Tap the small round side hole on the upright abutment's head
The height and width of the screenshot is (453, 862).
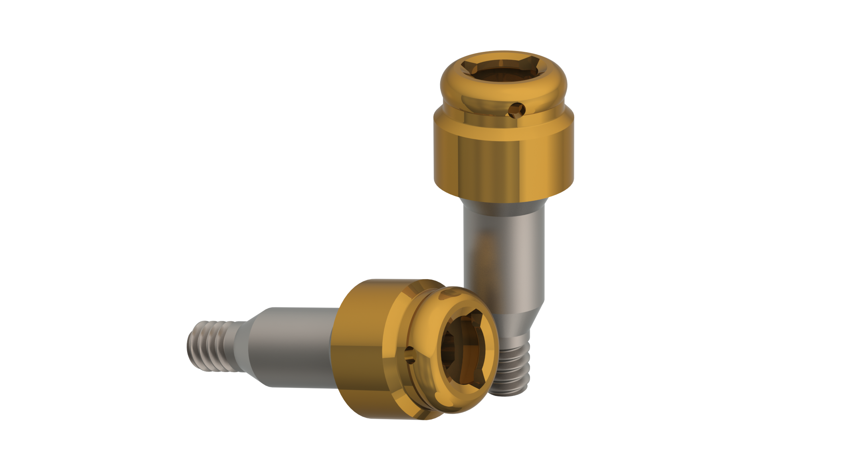pos(516,109)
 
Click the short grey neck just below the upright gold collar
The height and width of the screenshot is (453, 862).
pos(504,208)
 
